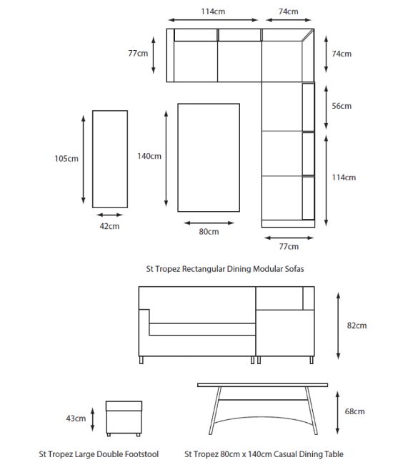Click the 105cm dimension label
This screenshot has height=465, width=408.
pos(66,158)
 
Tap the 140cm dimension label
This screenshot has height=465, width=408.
pos(149,156)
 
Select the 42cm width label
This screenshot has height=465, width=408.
pos(109,226)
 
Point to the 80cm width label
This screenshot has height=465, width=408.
pos(209,232)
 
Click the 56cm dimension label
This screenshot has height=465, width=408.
pos(342,106)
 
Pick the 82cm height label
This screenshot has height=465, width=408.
pos(357,325)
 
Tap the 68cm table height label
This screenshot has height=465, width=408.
pos(354,411)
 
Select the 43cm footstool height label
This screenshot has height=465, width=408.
pos(76,418)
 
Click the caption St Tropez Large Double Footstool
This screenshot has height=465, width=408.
pos(99,454)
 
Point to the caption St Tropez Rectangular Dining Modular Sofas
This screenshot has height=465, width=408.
pos(225,269)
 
